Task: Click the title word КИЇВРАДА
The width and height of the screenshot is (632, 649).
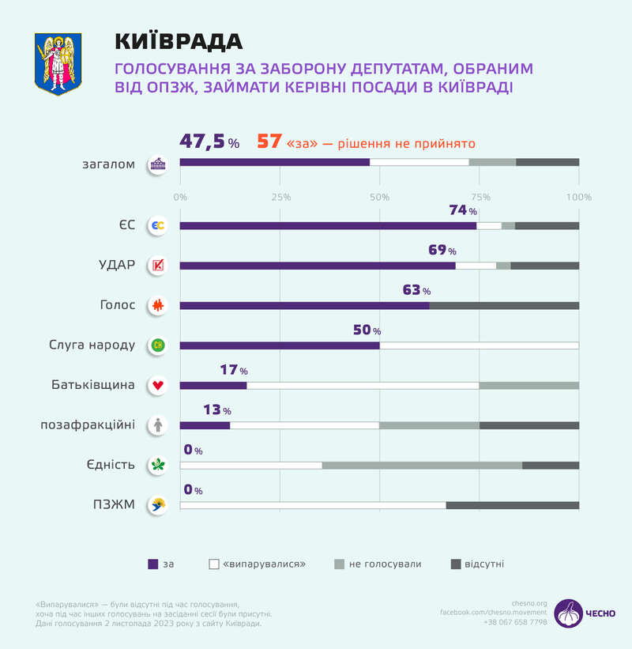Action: pyautogui.click(x=179, y=41)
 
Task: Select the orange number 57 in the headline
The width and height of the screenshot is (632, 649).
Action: pyautogui.click(x=269, y=142)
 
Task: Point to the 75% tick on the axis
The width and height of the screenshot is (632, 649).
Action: pyautogui.click(x=479, y=197)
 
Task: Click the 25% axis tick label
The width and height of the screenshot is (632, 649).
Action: pyautogui.click(x=280, y=197)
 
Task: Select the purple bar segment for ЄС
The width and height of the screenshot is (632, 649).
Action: pyautogui.click(x=328, y=225)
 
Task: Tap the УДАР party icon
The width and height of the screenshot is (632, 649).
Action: pyautogui.click(x=158, y=266)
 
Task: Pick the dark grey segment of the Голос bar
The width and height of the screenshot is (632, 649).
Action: pyautogui.click(x=503, y=305)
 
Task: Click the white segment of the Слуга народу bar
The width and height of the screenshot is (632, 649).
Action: pyautogui.click(x=479, y=345)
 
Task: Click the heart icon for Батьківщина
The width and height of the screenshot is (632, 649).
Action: pyautogui.click(x=158, y=385)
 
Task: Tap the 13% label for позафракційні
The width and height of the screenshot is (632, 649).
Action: pyautogui.click(x=215, y=411)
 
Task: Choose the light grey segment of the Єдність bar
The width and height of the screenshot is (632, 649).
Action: pyautogui.click(x=422, y=465)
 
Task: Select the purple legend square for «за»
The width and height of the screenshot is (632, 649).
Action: pyautogui.click(x=153, y=564)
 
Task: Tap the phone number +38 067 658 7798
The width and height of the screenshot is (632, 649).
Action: pyautogui.click(x=515, y=622)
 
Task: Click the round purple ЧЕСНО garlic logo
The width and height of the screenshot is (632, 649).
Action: pyautogui.click(x=567, y=613)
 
